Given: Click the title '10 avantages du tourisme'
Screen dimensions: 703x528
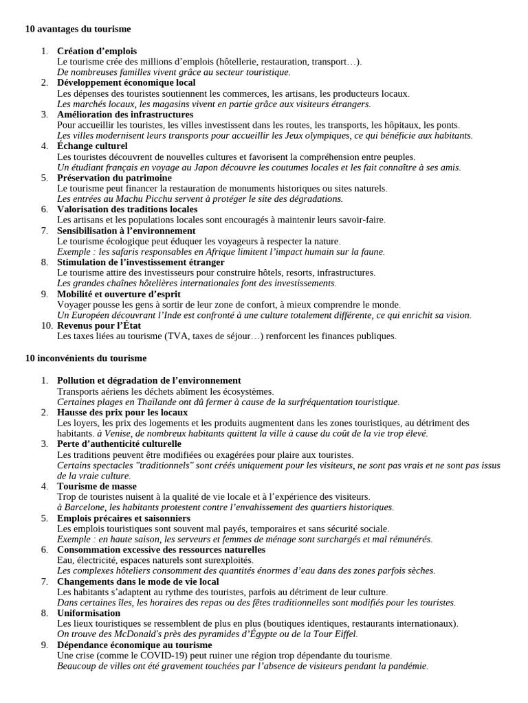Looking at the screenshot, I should point(78,29).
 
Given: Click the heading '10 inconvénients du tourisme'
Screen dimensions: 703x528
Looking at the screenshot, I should point(86,358).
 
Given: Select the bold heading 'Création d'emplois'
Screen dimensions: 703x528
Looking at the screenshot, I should point(97,51).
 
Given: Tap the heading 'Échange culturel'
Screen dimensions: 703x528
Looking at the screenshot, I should point(92,146).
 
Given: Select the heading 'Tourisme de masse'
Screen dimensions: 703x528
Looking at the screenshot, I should point(97,486).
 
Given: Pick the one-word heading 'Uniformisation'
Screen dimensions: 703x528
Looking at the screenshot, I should point(89,612).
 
